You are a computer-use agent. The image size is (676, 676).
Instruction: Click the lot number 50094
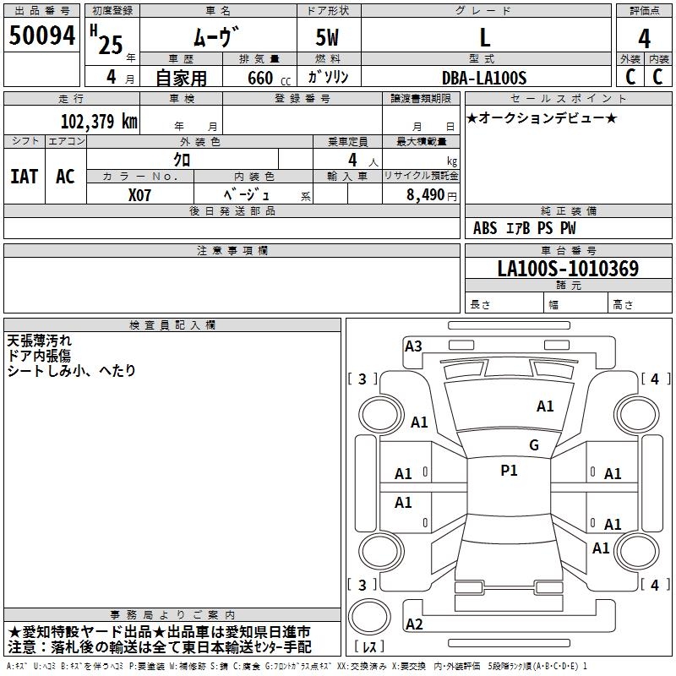[x=41, y=35]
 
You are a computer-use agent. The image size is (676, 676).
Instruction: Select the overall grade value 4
[x=644, y=39]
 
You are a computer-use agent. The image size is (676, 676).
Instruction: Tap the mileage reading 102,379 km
[x=99, y=122]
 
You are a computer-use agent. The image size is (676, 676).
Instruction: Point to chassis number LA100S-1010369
[x=568, y=269]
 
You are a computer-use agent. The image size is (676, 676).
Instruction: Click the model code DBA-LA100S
[x=484, y=78]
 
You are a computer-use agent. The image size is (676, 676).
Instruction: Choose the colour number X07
[x=139, y=195]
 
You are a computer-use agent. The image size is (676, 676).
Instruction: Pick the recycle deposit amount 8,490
[x=425, y=195]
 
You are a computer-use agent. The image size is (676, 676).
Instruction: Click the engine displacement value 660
[x=260, y=79]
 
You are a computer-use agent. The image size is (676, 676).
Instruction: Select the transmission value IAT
[x=25, y=177]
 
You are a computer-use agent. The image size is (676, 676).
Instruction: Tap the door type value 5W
[x=327, y=38]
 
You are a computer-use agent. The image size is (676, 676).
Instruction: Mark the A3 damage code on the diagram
[x=413, y=346]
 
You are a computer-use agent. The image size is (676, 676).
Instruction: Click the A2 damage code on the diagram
[x=414, y=624]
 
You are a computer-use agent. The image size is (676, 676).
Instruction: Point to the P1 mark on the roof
[x=509, y=471]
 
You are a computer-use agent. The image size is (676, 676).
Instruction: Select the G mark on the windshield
[x=534, y=445]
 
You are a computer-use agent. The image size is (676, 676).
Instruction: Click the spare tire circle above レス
[x=369, y=617]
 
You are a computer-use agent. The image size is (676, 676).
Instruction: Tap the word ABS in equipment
[x=485, y=228]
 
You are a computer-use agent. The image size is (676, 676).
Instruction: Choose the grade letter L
[x=485, y=38]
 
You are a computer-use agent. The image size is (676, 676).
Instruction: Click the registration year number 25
[x=111, y=46]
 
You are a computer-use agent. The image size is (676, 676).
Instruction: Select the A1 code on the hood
[x=545, y=406]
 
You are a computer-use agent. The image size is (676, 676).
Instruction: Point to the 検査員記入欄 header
[x=172, y=325]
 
